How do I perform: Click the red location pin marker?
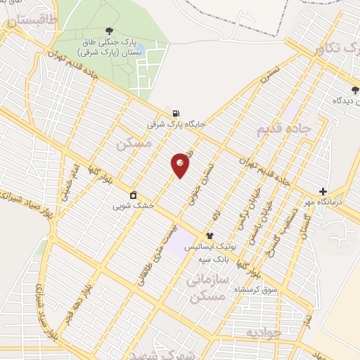click(180, 165)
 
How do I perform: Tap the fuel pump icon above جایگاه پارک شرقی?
click(174, 112)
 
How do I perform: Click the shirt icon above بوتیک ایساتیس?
click(209, 236)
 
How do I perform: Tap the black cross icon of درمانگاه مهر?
click(323, 191)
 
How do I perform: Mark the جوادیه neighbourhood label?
click(262, 331)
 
